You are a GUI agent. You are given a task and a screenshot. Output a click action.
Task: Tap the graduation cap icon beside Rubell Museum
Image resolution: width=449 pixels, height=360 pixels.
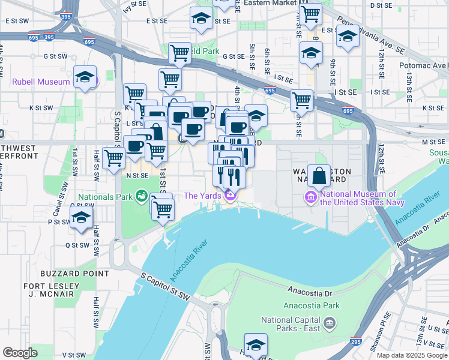[x=85, y=77]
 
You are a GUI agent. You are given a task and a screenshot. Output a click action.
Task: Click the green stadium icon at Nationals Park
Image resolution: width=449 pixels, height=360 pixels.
[x=141, y=196]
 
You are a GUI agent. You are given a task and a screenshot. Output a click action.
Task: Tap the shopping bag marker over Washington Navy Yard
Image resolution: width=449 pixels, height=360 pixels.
[x=319, y=176]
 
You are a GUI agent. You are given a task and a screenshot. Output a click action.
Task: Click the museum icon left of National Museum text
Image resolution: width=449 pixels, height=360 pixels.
[x=311, y=196]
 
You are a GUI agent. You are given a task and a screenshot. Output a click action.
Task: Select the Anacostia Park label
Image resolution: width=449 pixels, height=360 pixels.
[x=313, y=305]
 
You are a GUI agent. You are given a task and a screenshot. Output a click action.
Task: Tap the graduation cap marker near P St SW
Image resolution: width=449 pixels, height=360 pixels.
[x=80, y=220]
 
